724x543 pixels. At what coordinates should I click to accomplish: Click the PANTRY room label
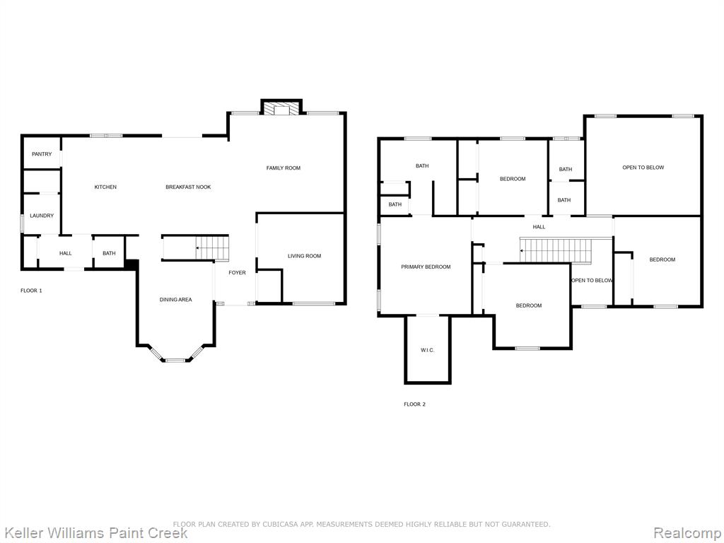(42, 153)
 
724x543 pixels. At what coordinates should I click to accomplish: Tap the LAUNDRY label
(42, 216)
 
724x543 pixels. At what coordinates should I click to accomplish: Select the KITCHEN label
(105, 187)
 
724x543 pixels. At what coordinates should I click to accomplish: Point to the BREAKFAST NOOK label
(188, 187)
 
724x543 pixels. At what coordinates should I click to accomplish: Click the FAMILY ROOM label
(283, 168)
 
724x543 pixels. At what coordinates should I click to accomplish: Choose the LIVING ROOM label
(304, 256)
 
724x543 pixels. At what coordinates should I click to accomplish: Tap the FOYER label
(238, 272)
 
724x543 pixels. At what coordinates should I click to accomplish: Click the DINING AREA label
(175, 300)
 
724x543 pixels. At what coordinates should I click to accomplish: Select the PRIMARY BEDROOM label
(426, 267)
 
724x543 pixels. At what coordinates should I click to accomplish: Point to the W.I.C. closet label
(428, 350)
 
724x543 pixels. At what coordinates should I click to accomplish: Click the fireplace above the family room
(281, 107)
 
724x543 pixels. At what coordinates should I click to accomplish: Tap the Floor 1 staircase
(212, 247)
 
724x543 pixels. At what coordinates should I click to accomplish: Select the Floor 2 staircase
(556, 250)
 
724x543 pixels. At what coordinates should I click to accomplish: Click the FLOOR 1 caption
(31, 291)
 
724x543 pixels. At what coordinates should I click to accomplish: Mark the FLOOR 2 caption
(414, 404)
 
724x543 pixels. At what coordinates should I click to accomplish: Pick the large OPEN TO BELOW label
(643, 168)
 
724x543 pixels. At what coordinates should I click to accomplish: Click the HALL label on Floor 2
(539, 227)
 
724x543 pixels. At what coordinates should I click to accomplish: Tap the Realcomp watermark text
(688, 532)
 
